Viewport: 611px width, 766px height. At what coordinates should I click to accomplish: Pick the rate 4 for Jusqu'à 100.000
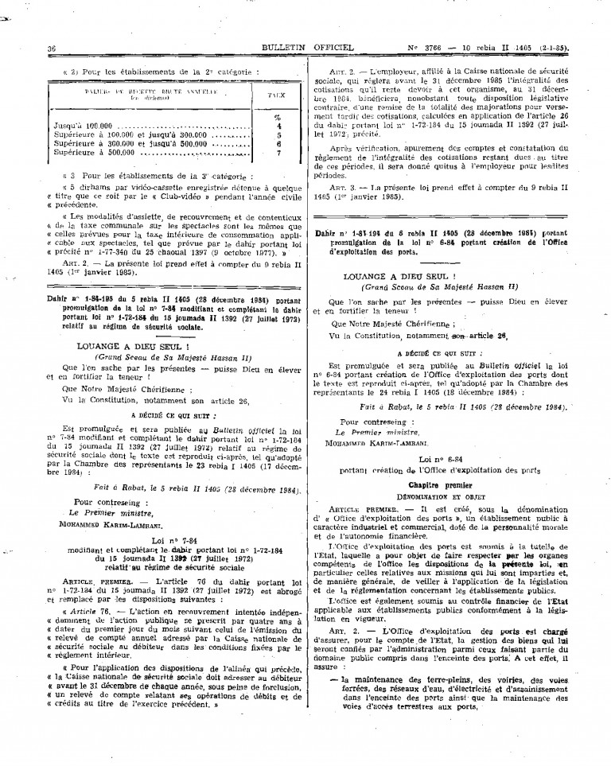point(279,126)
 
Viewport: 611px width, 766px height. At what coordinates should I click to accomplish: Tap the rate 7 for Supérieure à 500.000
point(279,153)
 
